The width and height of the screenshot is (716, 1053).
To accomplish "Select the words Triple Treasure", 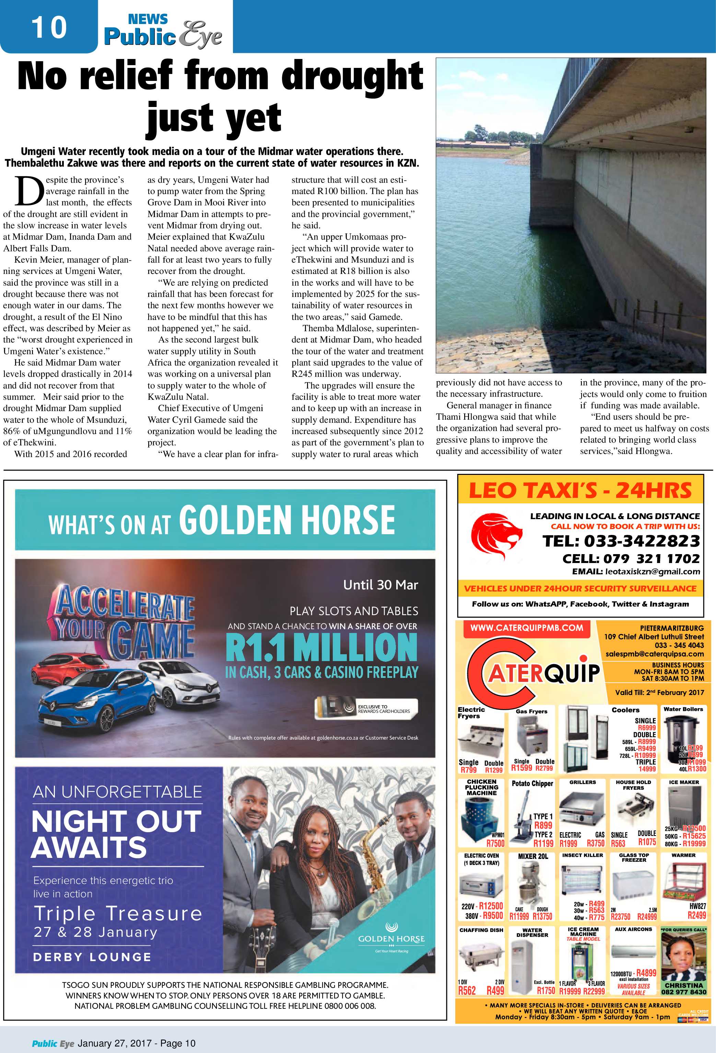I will [118, 913].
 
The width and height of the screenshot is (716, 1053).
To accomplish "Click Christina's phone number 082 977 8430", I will [683, 991].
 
